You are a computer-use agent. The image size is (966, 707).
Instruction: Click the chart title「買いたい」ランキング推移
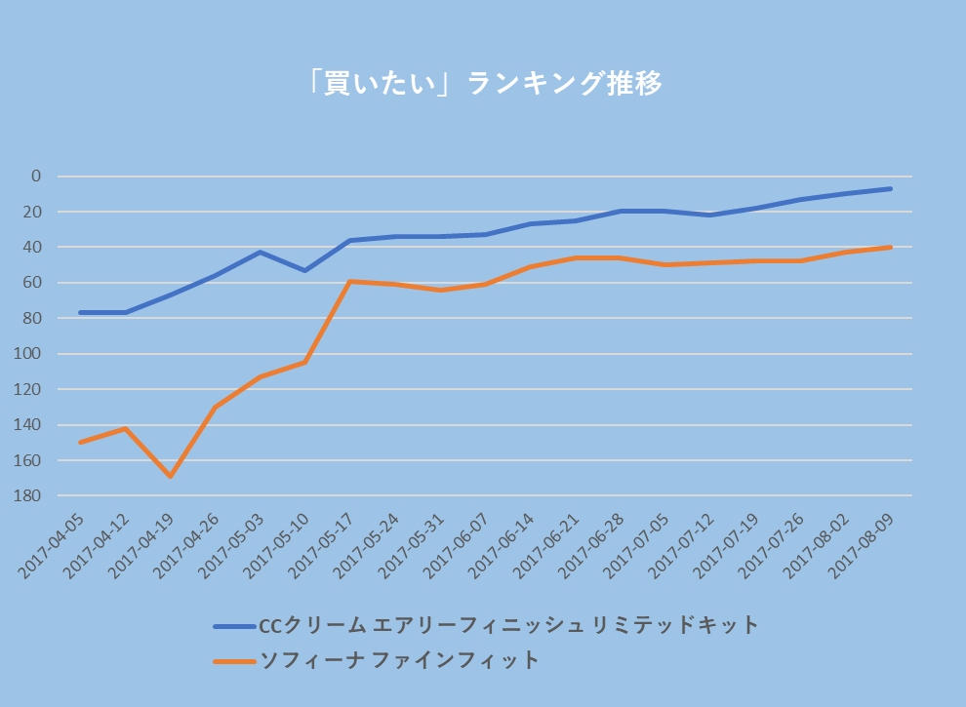click(x=483, y=84)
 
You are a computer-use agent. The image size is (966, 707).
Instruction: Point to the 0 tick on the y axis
click(x=36, y=177)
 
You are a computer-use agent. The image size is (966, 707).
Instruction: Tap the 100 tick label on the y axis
click(x=29, y=354)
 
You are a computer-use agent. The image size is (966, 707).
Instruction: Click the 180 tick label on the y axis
click(x=29, y=495)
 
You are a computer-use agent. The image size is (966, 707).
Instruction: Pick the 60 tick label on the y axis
click(x=32, y=283)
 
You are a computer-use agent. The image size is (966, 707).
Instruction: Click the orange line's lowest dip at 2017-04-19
click(x=170, y=476)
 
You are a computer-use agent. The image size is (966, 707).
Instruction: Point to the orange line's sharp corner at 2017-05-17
click(x=349, y=282)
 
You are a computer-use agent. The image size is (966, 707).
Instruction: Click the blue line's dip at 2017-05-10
click(x=304, y=270)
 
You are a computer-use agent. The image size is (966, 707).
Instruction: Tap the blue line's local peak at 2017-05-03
click(x=260, y=252)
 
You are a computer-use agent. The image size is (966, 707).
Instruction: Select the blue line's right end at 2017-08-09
click(x=890, y=188)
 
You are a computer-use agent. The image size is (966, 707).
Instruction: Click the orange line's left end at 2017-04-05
click(x=80, y=442)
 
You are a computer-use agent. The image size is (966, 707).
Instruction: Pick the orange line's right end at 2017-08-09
click(x=890, y=247)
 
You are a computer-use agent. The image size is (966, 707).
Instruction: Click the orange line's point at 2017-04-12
click(x=125, y=428)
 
